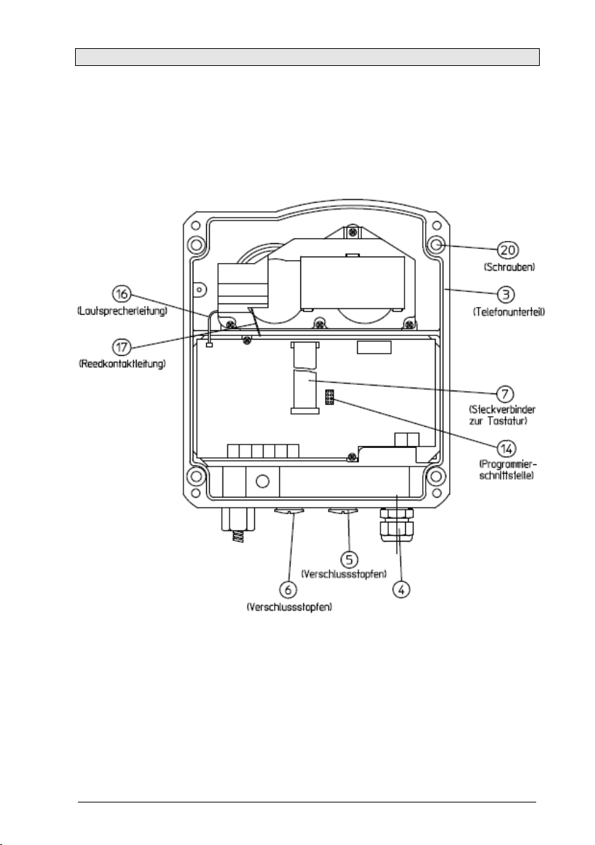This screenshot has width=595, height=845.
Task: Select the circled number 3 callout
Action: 505,295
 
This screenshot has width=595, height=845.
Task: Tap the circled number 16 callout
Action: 122,294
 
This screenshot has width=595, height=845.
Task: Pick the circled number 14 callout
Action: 506,448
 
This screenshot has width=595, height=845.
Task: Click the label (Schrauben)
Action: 509,267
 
